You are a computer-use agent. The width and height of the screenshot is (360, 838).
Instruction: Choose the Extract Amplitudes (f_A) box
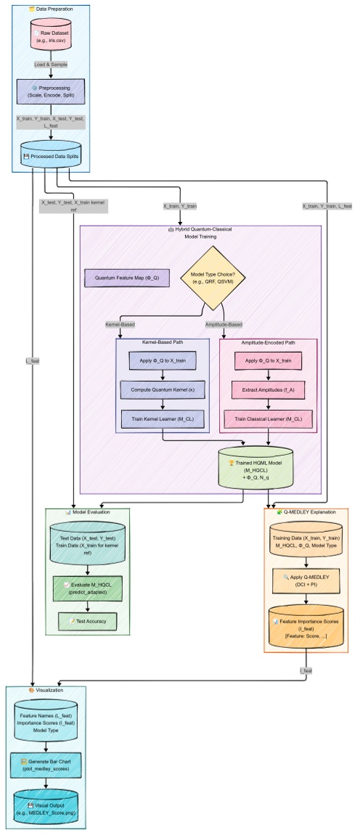(x=268, y=390)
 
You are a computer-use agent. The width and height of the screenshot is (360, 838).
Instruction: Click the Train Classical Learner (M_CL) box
(x=268, y=419)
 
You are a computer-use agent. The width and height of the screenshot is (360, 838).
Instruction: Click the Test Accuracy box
(x=87, y=622)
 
